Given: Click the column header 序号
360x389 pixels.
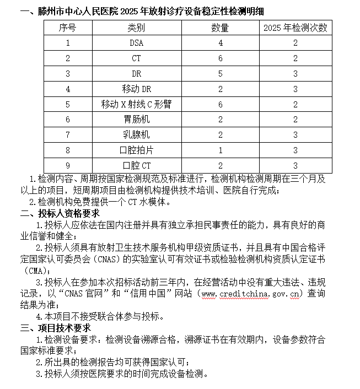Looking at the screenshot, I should coord(67,28).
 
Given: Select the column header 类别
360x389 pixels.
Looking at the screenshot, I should coord(136,28).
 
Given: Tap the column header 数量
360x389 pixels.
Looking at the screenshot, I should coord(220,28).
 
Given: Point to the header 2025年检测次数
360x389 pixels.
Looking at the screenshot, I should coord(295,28).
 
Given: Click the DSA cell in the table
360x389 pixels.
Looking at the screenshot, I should coord(136,42).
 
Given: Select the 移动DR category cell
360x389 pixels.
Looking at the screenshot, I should coord(136,88).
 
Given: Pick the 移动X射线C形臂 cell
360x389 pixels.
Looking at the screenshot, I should coord(136,104).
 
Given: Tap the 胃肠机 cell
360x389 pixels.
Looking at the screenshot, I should coord(136,119).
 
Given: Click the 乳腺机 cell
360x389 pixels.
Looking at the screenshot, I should coord(136,134).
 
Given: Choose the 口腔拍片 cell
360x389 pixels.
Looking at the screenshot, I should coord(136,149).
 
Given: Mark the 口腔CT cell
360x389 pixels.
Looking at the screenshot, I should coord(136,165).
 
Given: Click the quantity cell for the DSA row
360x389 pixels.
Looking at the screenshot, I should coord(220,42).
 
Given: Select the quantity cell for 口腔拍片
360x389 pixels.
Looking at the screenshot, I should coord(220,149).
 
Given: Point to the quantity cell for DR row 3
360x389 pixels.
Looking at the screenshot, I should coord(220,73).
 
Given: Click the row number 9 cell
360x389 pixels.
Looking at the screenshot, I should coord(67,165).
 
